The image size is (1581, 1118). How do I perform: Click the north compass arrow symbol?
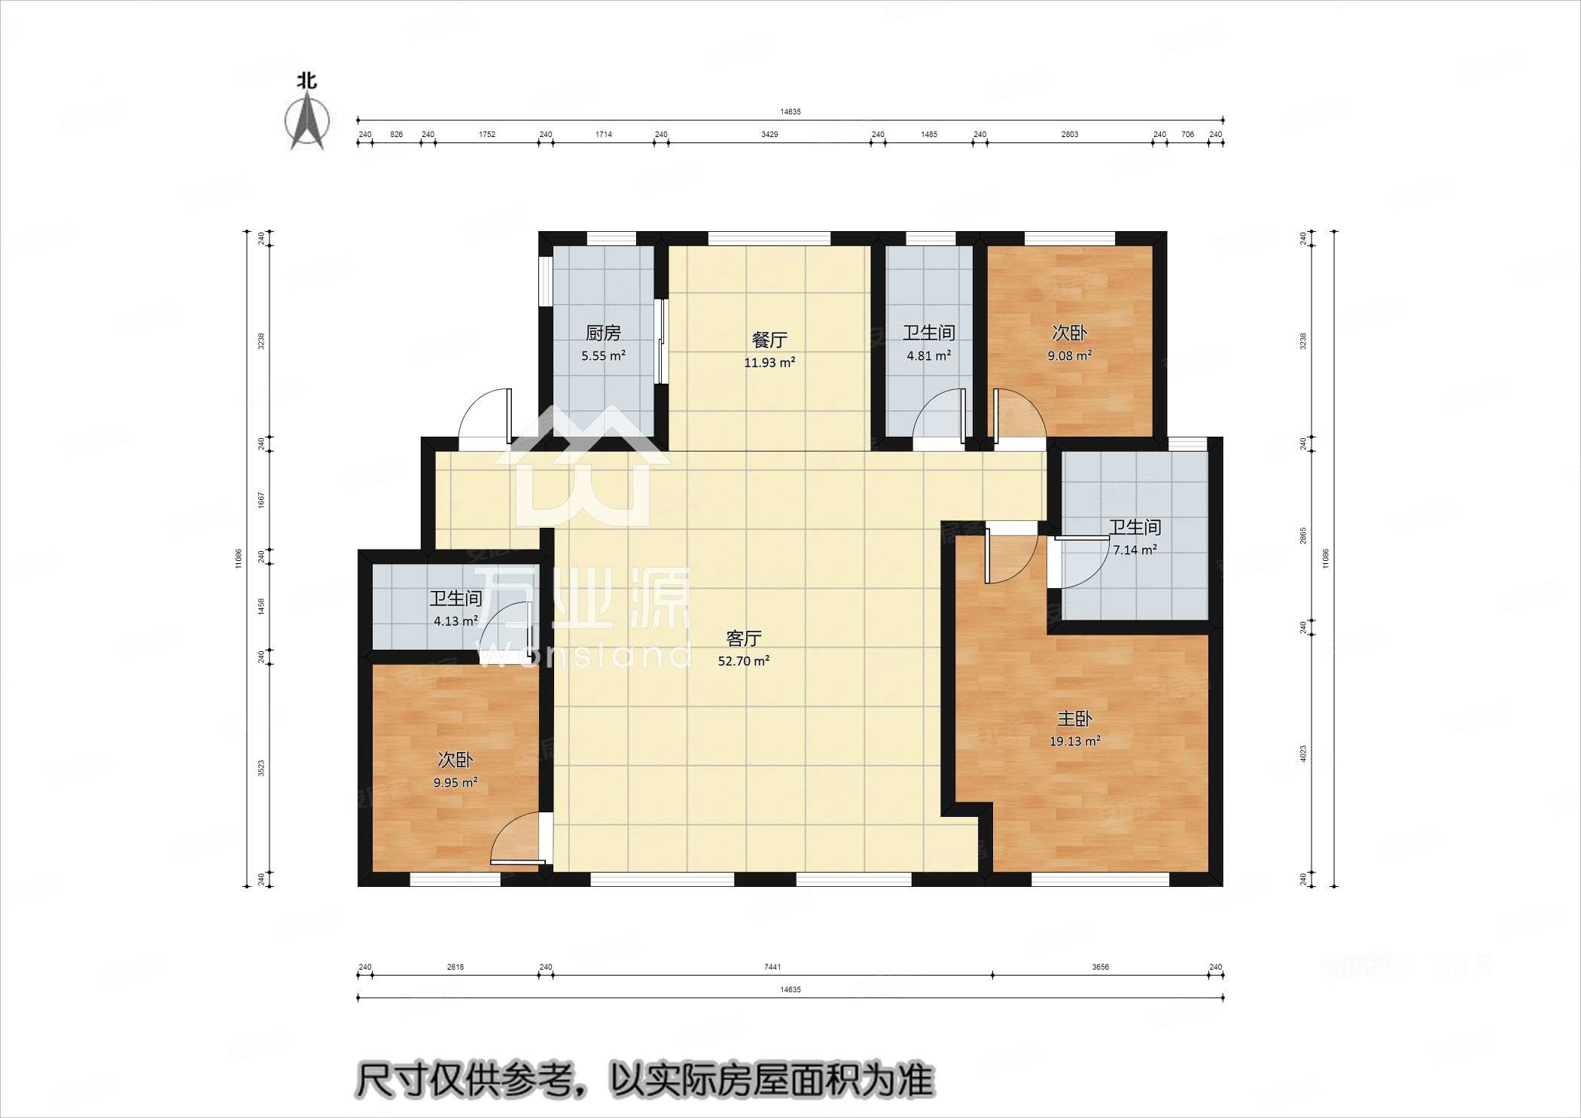307,120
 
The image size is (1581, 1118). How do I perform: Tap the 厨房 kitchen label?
603,333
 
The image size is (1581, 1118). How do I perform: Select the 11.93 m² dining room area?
769,362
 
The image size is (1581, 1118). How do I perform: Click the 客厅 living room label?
744,639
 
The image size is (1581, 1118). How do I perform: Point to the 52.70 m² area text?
744,662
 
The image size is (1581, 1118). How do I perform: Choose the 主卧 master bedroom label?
1074,719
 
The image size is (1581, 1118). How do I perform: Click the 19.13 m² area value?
1074,742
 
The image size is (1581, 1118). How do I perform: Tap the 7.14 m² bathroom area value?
1135,550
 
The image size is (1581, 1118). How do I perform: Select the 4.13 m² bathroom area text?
455,622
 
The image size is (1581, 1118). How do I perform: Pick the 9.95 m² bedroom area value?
455,783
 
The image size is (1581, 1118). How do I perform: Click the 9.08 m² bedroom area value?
1069,355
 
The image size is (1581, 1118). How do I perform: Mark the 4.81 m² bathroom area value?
928,355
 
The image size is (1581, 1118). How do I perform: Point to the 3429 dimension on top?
769,135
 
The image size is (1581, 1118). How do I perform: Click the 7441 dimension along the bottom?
772,967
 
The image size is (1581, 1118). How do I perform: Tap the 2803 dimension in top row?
1069,135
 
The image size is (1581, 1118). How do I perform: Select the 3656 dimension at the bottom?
1100,967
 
